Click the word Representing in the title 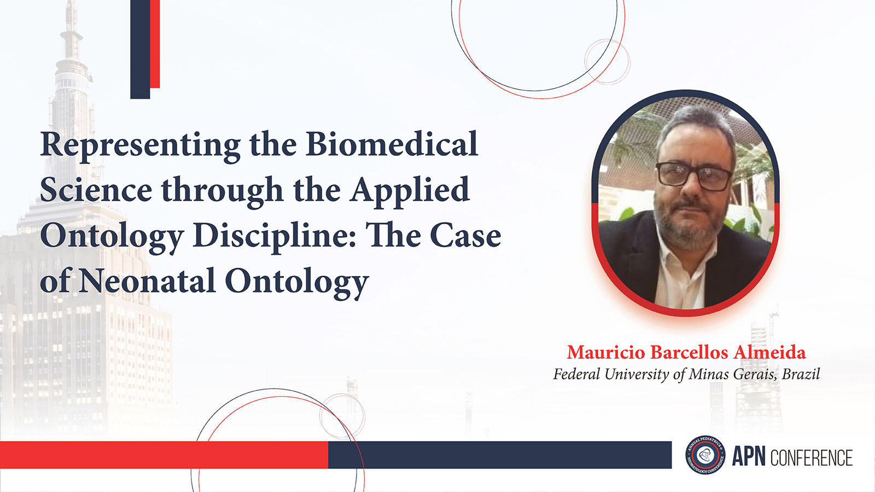[140, 146]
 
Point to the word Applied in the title [409, 191]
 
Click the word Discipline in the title [274, 237]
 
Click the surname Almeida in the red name [769, 352]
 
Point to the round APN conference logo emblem [705, 454]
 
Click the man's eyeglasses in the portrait [694, 176]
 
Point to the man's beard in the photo [687, 222]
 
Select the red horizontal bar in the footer [164, 455]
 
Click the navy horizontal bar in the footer [500, 455]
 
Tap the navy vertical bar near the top [140, 49]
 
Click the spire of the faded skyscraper [72, 24]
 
